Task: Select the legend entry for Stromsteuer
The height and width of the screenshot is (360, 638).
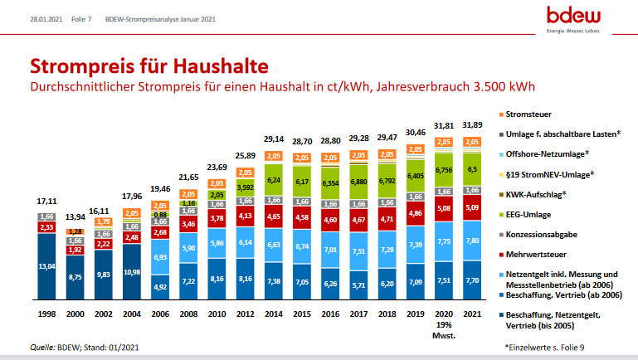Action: [532, 113]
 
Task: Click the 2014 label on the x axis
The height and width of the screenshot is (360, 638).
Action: [273, 314]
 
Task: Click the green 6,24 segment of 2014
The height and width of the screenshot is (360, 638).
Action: [273, 180]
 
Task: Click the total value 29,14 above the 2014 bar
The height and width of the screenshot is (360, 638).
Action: [273, 139]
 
